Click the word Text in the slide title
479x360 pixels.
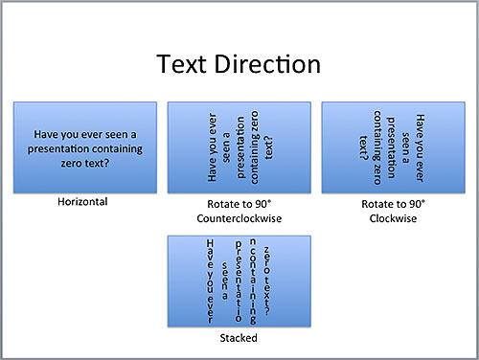click(x=183, y=65)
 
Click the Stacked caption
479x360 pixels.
click(x=238, y=337)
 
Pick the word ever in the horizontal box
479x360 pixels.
click(x=84, y=136)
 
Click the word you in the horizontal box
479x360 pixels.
click(x=68, y=136)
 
